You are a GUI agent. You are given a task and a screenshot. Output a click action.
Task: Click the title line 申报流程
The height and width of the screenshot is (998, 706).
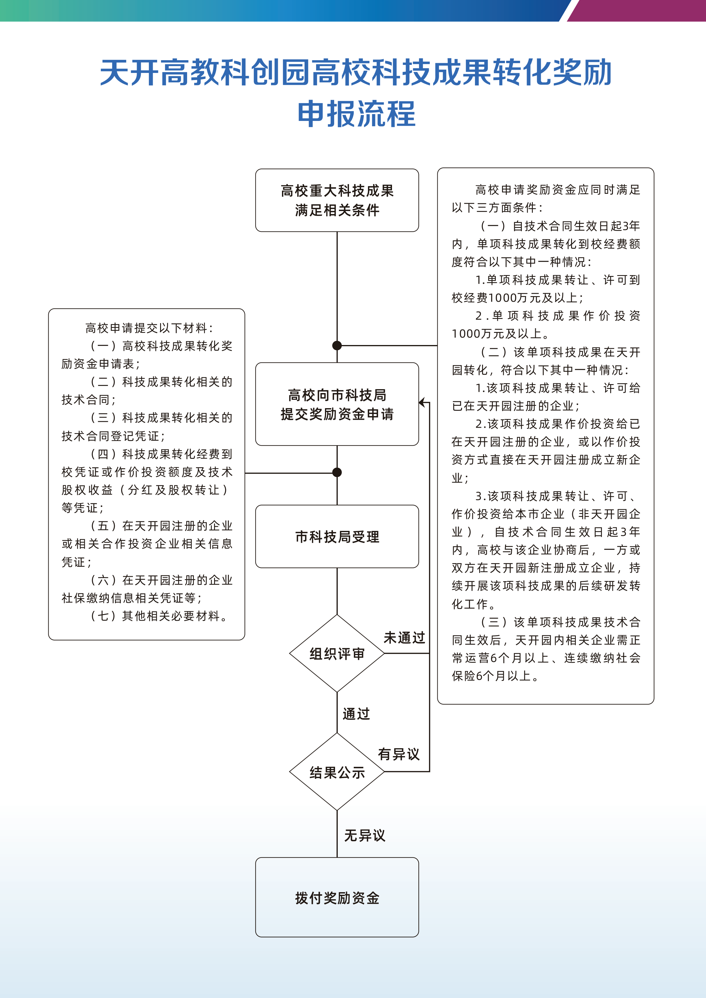pos(356,114)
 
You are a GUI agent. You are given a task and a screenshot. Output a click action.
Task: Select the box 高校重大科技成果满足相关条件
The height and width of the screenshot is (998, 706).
pos(337,200)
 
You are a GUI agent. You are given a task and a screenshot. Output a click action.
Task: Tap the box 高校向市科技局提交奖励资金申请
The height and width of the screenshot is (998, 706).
pos(337,404)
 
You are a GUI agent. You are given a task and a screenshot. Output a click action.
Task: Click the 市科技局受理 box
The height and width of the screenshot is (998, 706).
pos(337,537)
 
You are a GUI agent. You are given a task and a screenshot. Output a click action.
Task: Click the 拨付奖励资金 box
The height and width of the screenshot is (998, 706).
pos(337,898)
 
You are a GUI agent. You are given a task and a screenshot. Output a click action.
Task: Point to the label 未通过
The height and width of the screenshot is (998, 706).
pos(404,638)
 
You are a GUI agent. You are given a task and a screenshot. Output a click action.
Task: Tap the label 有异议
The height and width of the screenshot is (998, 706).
pos(399,754)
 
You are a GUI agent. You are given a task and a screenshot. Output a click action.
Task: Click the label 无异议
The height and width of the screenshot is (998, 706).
pos(364,836)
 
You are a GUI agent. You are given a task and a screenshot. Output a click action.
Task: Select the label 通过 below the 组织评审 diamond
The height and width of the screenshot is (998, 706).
pos(356,714)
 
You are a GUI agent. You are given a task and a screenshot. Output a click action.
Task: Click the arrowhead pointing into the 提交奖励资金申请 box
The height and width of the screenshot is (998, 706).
pos(422,403)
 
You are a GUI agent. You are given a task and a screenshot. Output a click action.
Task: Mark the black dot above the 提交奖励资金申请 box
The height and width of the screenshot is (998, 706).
pos(337,346)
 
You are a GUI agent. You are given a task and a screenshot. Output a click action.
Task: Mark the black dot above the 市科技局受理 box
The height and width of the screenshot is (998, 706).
pos(337,472)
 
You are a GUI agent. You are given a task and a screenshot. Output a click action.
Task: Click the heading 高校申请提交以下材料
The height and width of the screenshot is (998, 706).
pos(149,328)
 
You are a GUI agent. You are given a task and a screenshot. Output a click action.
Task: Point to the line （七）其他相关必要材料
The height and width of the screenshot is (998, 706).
pos(159,616)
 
